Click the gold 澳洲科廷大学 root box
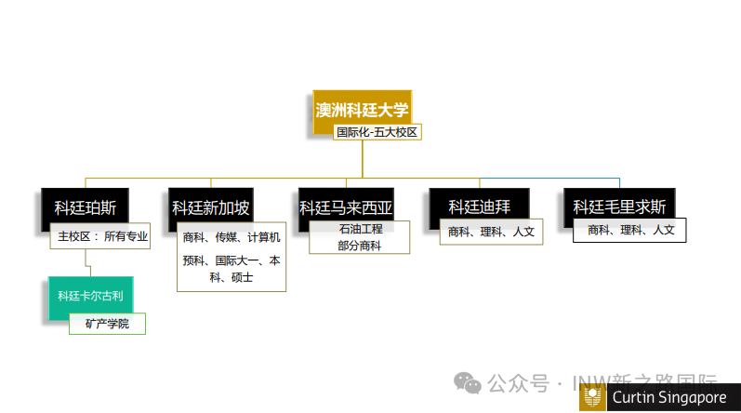[362, 110]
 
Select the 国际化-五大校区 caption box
[378, 132]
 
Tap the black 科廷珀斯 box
[85, 207]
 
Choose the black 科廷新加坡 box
[211, 207]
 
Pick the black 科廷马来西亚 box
[346, 206]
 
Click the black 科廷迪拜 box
[480, 206]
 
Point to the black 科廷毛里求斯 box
[619, 206]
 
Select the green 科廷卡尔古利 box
[90, 297]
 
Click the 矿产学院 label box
[107, 324]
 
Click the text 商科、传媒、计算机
[232, 237]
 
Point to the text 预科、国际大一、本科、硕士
[232, 269]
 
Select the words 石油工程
[360, 229]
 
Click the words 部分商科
[360, 245]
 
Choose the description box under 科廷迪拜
[491, 232]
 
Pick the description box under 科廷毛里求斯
[630, 229]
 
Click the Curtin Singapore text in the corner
[668, 397]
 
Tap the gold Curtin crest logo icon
[591, 398]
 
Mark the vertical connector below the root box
[363, 158]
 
